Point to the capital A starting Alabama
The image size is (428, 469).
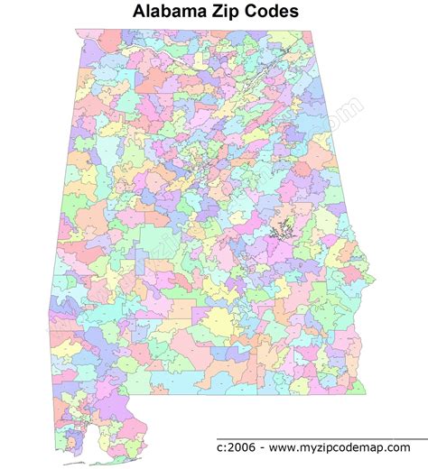[139, 12]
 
